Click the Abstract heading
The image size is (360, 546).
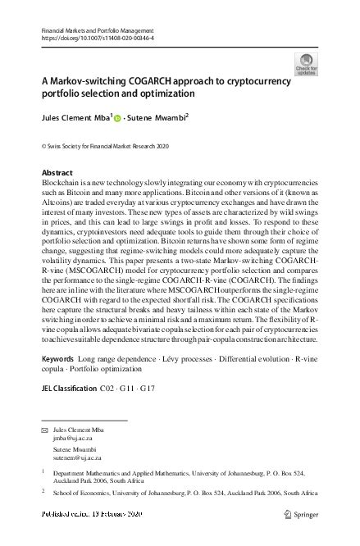(x=57, y=173)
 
